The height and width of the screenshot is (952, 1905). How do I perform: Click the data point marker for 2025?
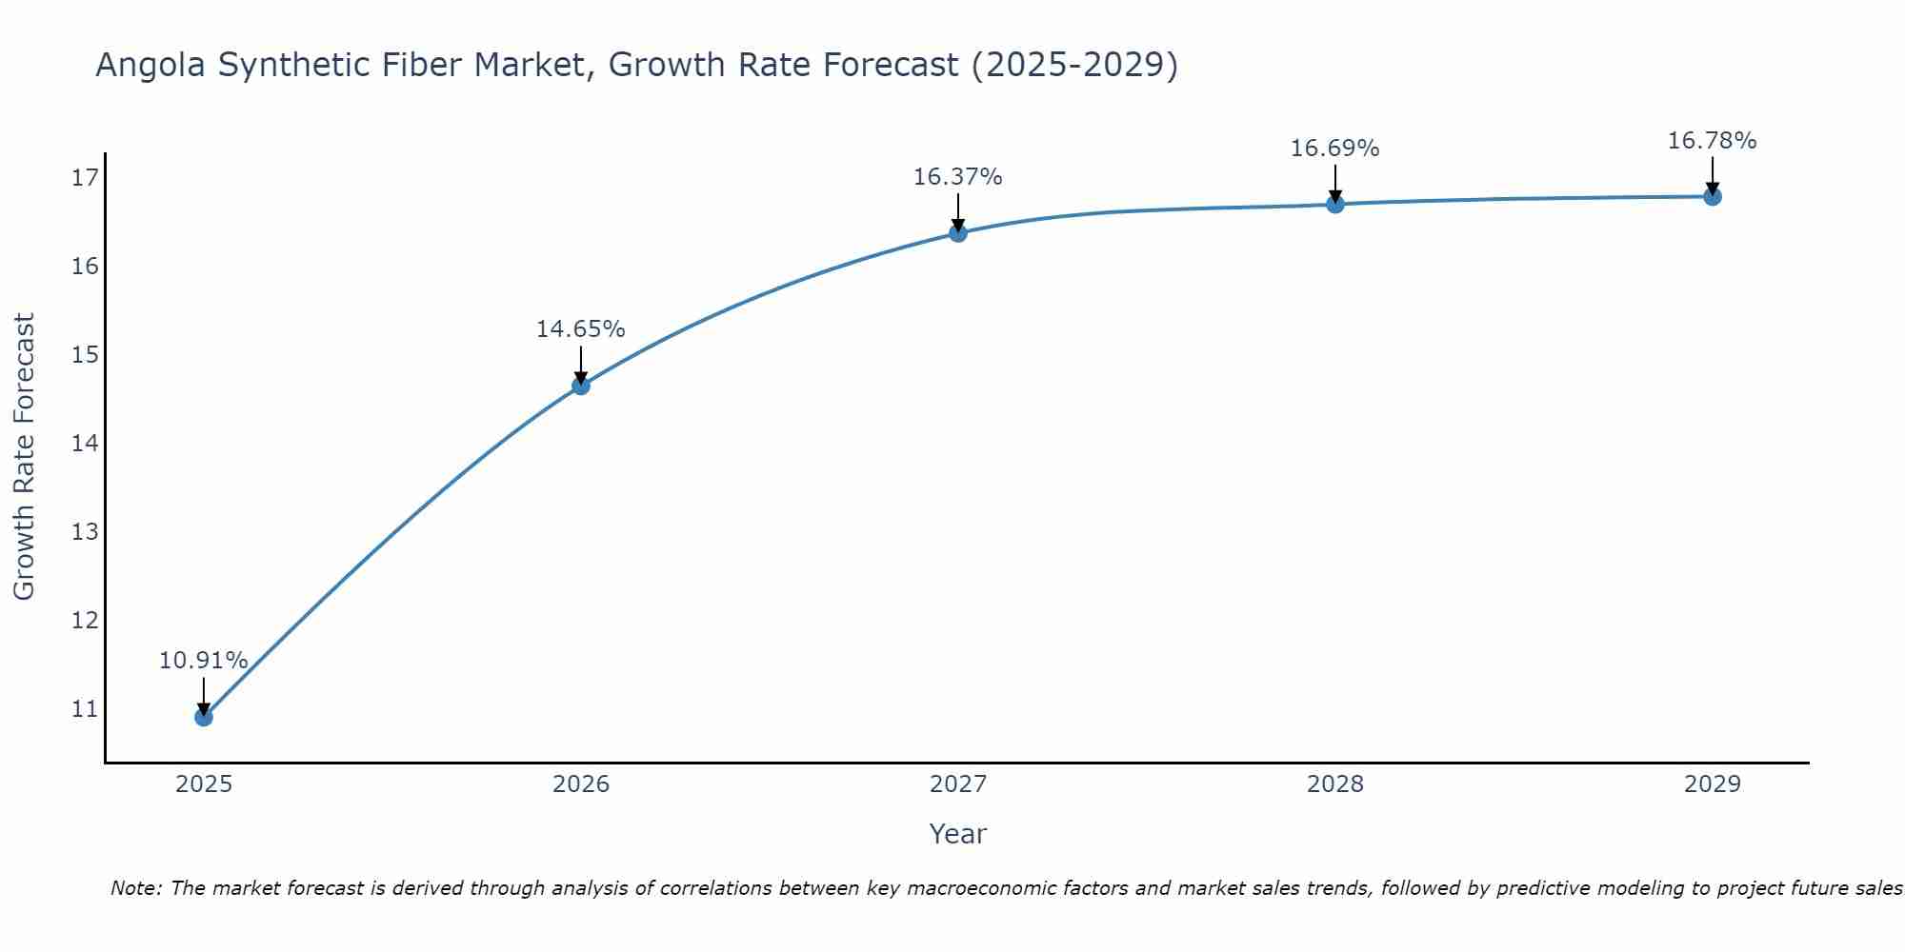204,717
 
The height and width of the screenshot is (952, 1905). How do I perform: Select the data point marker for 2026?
581,386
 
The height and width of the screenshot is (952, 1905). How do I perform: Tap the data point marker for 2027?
958,233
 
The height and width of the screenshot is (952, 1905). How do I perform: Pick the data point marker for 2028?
1335,204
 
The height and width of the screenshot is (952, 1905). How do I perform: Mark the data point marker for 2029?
1713,197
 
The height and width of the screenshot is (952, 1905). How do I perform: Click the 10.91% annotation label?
203,661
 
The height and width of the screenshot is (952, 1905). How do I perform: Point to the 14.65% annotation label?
580,329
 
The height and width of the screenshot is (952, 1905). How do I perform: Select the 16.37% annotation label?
957,177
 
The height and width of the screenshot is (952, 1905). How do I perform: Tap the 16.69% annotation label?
1334,149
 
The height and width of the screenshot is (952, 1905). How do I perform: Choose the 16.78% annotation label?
1712,141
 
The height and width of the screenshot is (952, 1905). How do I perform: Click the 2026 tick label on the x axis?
581,784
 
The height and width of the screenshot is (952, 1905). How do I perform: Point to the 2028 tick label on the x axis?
1335,784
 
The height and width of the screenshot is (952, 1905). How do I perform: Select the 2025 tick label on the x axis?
204,784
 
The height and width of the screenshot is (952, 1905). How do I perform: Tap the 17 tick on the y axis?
85,178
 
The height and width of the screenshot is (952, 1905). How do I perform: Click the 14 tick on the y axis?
85,444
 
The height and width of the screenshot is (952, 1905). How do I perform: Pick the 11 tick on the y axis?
85,709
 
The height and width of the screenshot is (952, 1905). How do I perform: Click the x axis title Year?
957,834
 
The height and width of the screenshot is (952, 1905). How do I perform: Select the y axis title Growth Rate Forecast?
24,457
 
